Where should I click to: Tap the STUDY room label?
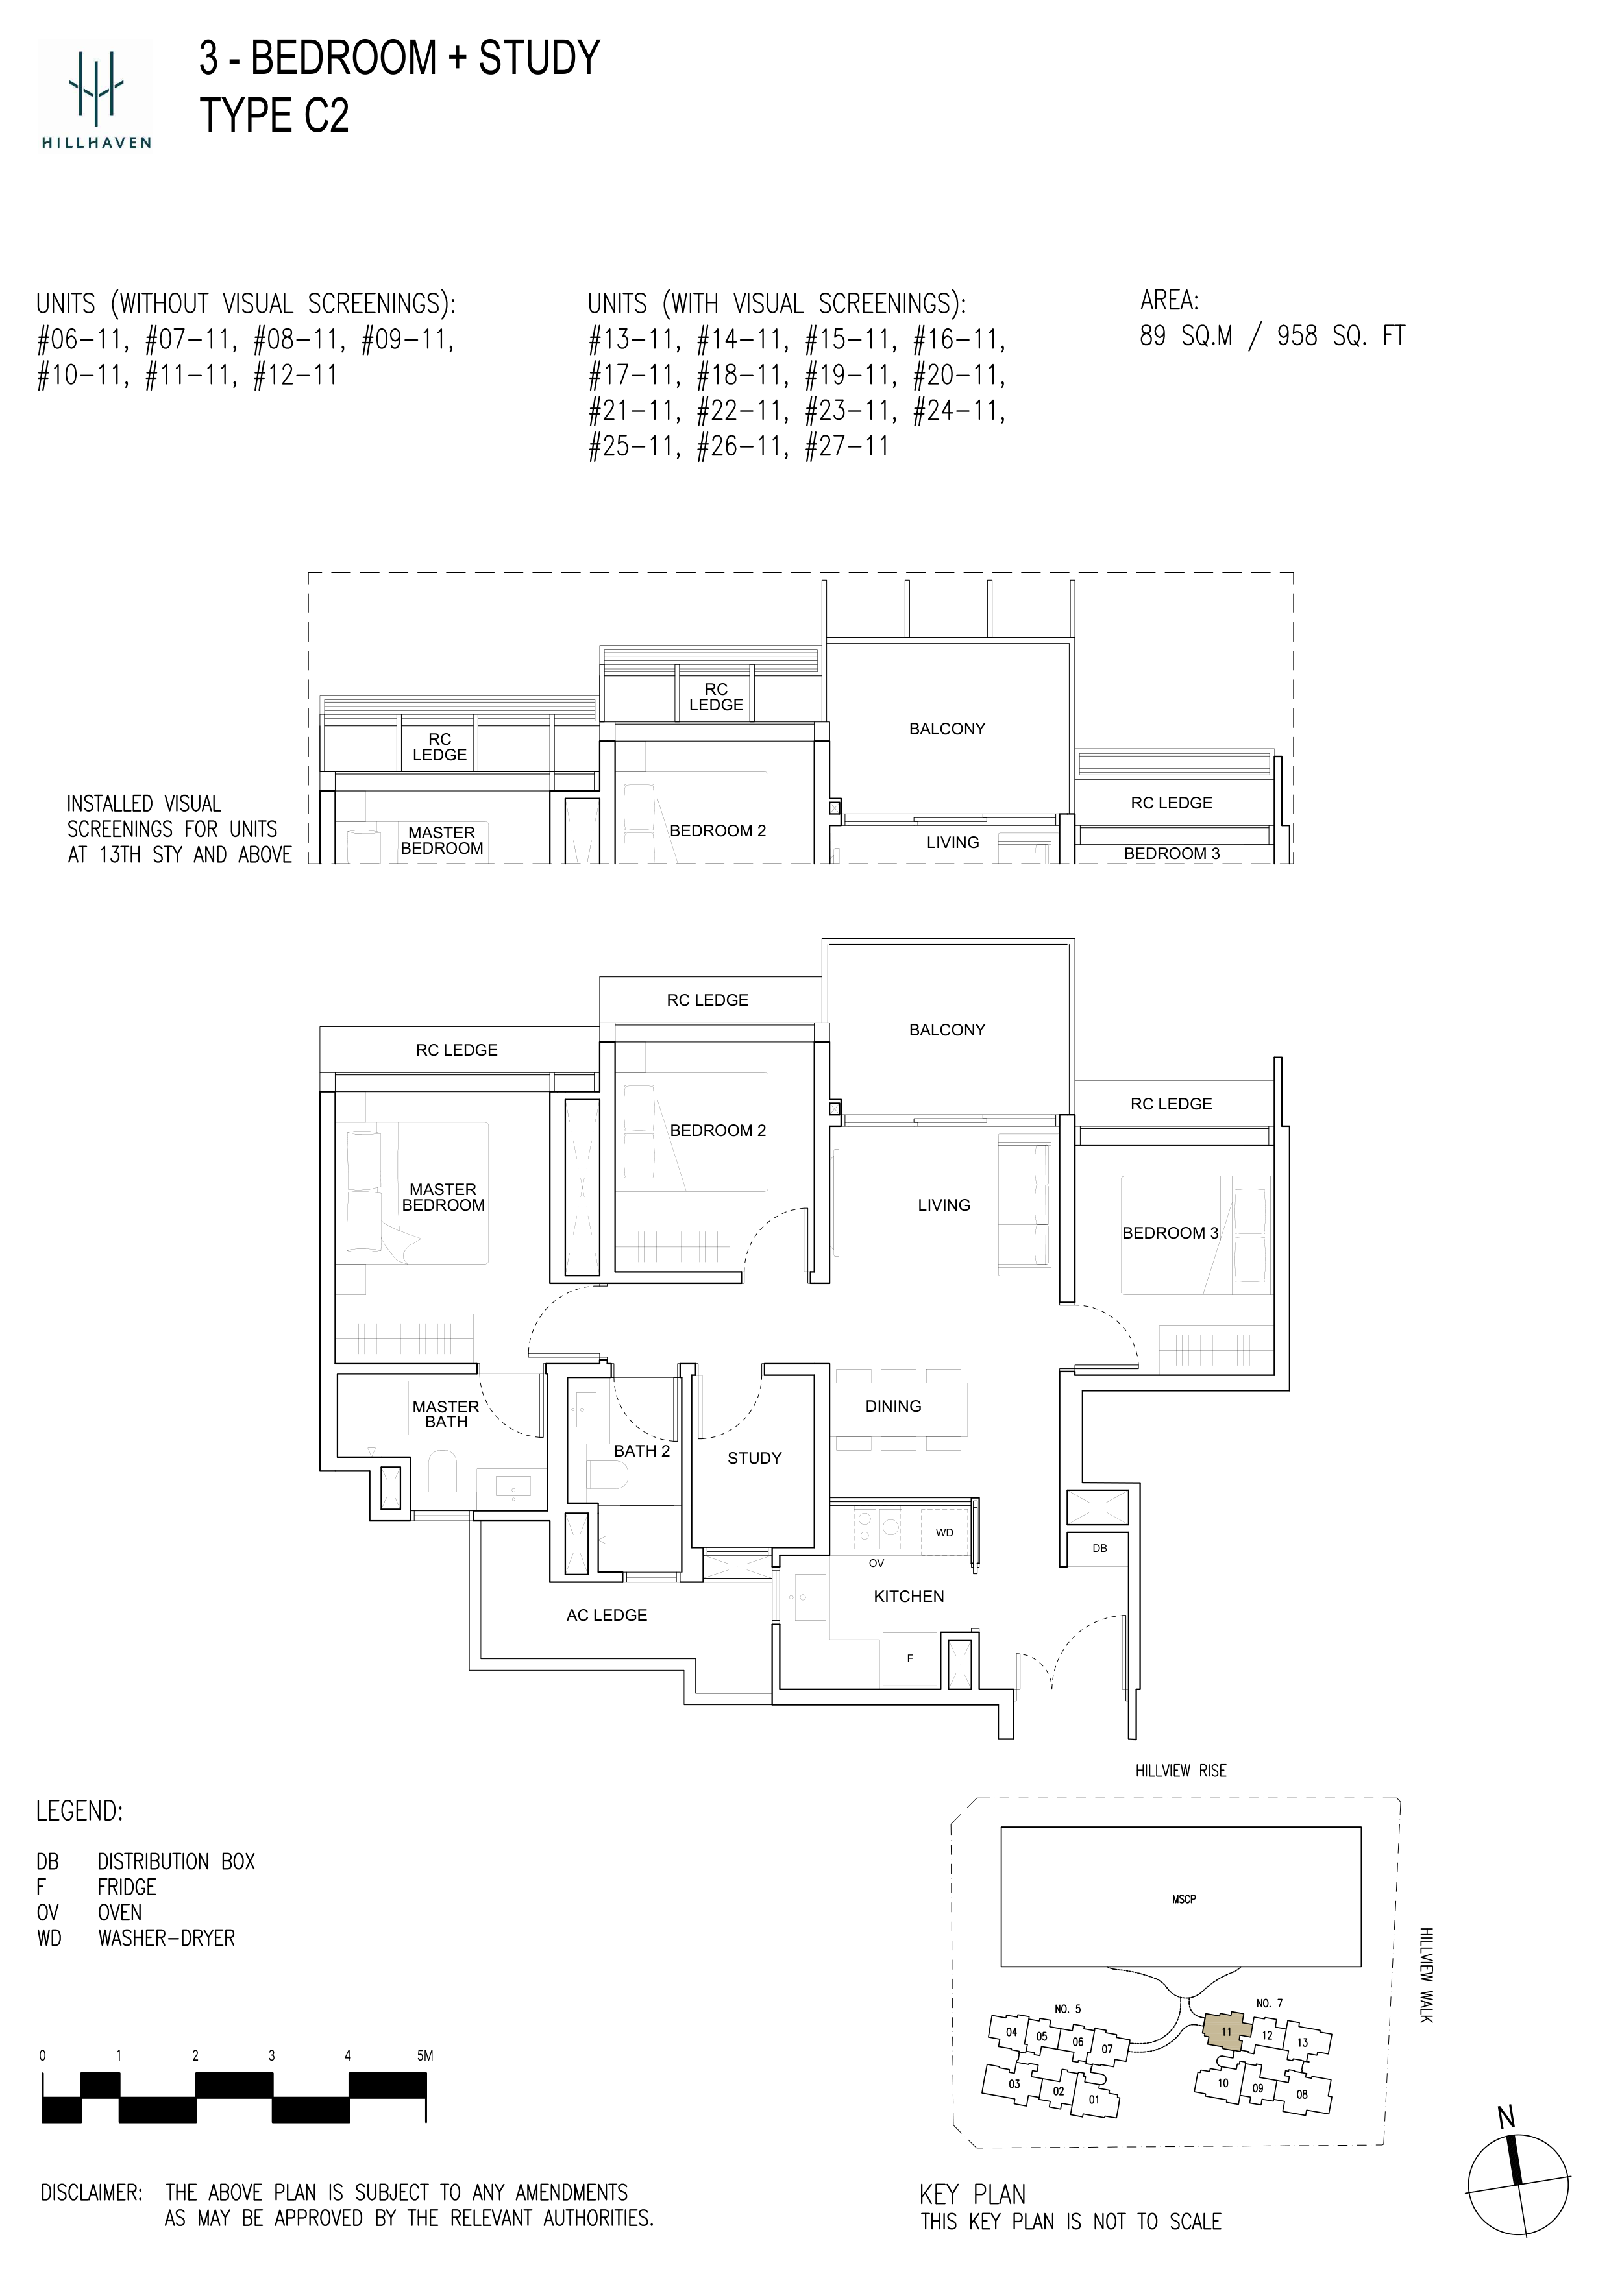tap(754, 1459)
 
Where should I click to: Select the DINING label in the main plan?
tap(893, 1406)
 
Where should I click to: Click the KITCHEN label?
tap(908, 1596)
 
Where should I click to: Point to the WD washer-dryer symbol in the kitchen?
tap(945, 1532)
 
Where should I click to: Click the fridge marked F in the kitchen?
tap(910, 1658)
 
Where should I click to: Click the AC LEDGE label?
tap(607, 1615)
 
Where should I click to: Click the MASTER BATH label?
tap(446, 1414)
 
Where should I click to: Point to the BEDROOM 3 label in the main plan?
tap(1170, 1233)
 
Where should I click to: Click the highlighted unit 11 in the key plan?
tap(1226, 2031)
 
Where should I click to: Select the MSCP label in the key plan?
tap(1184, 1899)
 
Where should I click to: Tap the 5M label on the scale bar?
tap(425, 2056)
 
